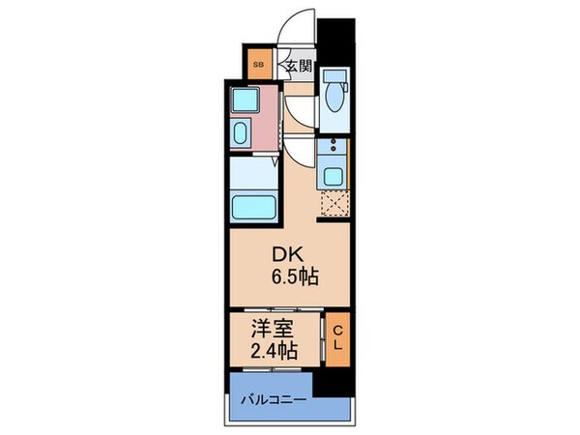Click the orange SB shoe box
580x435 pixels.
point(259,66)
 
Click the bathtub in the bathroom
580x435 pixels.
point(252,205)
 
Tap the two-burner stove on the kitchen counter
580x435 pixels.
point(333,148)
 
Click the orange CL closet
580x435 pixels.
point(336,339)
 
